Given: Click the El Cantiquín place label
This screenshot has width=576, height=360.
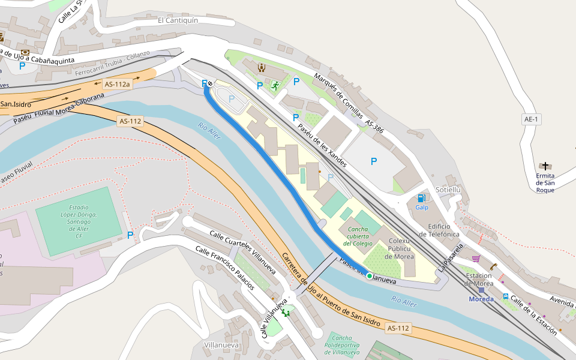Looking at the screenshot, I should (178, 20).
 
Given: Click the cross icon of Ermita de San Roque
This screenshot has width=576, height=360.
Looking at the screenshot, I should (545, 166).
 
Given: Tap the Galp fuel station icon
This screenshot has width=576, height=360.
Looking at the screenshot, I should (422, 198).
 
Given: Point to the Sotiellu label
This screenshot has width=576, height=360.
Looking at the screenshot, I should (448, 190).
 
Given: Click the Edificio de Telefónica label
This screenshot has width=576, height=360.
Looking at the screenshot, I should (435, 230).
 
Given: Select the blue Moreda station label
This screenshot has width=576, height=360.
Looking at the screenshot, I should (481, 299).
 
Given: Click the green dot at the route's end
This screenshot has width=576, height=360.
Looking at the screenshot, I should (370, 276).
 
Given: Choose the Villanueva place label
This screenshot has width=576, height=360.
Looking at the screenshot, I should (221, 346).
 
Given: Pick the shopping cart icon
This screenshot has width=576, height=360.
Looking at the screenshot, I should (476, 259).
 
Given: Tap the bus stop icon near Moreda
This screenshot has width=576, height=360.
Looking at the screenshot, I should (506, 296).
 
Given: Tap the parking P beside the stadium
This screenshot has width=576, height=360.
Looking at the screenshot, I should (130, 235).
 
